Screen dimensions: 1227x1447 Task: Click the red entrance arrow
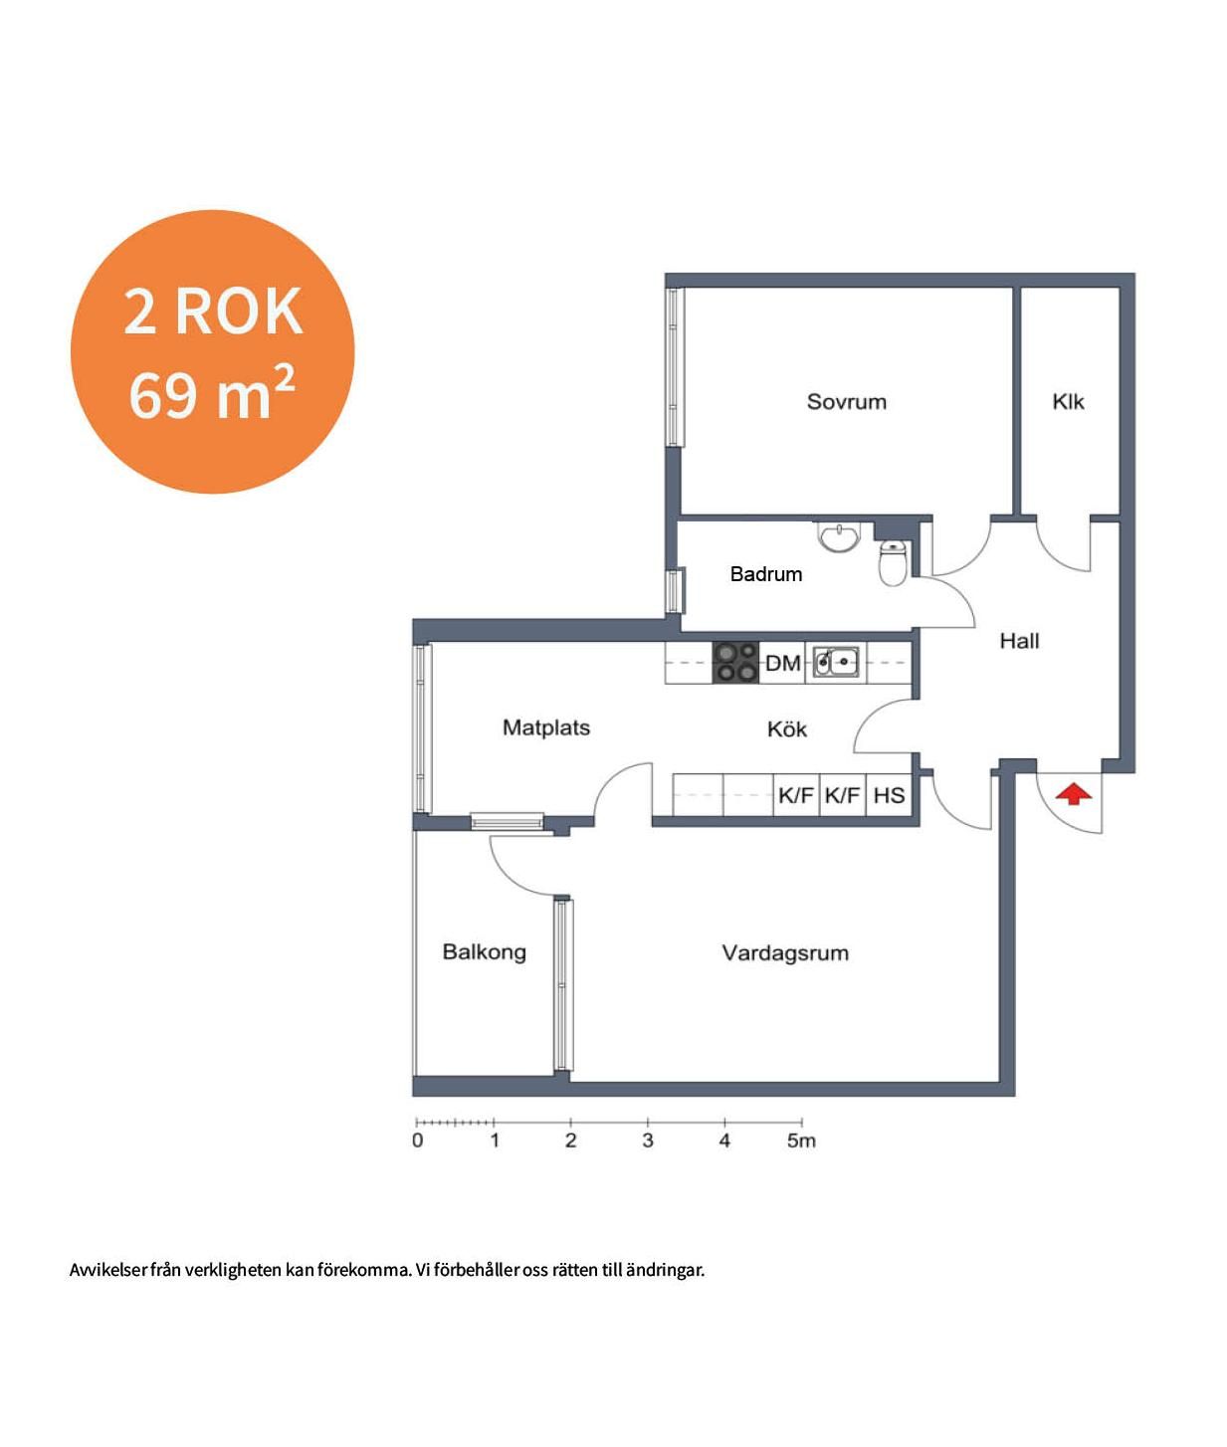pyautogui.click(x=1073, y=794)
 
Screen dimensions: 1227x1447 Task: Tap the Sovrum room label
pyautogui.click(x=846, y=402)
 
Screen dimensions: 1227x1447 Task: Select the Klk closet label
pyautogui.click(x=1068, y=402)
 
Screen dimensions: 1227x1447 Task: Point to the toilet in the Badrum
pyautogui.click(x=893, y=561)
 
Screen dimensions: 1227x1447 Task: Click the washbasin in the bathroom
pyautogui.click(x=839, y=538)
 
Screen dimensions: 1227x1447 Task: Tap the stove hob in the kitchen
pyautogui.click(x=735, y=662)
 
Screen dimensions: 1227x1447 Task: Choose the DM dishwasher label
pyautogui.click(x=782, y=663)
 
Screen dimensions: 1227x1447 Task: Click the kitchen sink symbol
pyautogui.click(x=836, y=662)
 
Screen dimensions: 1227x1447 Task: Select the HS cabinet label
pyautogui.click(x=889, y=795)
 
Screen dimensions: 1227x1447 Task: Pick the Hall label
pyautogui.click(x=1019, y=641)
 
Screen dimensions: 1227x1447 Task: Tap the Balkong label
pyautogui.click(x=485, y=952)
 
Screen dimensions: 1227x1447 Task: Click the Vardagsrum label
pyautogui.click(x=785, y=953)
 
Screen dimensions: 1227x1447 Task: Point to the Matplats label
pyautogui.click(x=546, y=728)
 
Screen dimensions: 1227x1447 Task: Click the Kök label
pyautogui.click(x=787, y=728)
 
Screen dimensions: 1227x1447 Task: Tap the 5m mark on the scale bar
pyautogui.click(x=801, y=1141)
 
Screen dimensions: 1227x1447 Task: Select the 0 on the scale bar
pyautogui.click(x=418, y=1141)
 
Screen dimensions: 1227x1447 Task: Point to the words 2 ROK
pyautogui.click(x=213, y=312)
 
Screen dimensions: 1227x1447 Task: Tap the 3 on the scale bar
pyautogui.click(x=648, y=1141)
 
